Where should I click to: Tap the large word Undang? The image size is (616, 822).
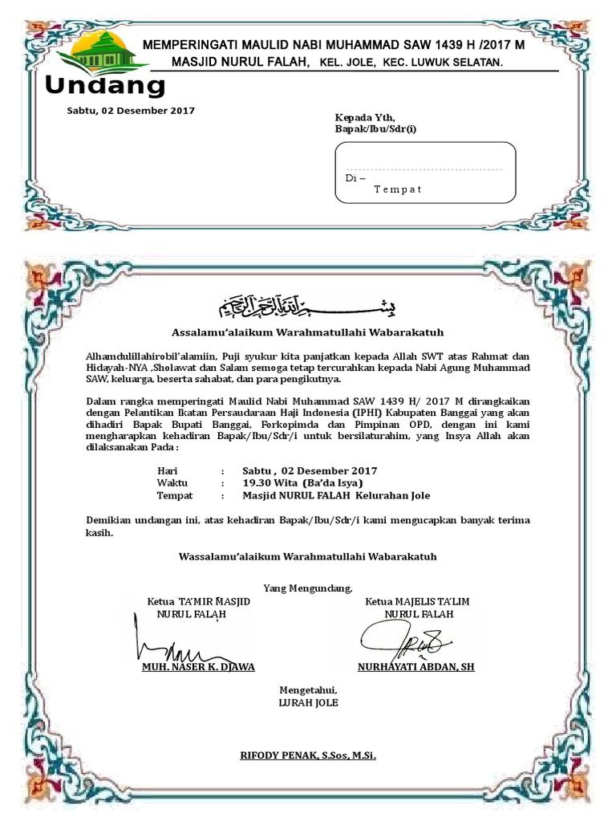pyautogui.click(x=105, y=86)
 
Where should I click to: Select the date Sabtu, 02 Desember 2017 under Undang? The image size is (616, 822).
pyautogui.click(x=130, y=111)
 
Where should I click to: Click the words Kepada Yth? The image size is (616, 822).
pyautogui.click(x=365, y=116)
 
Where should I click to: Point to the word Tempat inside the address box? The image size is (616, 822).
pyautogui.click(x=397, y=189)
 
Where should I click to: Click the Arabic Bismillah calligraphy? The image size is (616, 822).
pyautogui.click(x=307, y=306)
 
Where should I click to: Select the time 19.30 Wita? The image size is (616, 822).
pyautogui.click(x=270, y=483)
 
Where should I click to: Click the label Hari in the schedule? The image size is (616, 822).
pyautogui.click(x=167, y=470)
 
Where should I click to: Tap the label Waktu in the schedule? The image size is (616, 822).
pyautogui.click(x=172, y=483)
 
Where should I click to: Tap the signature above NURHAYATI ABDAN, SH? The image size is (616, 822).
pyautogui.click(x=403, y=639)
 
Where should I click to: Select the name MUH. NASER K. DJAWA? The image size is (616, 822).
pyautogui.click(x=198, y=666)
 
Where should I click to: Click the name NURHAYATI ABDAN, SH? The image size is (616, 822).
pyautogui.click(x=415, y=666)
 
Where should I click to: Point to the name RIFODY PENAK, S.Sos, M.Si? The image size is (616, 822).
pyautogui.click(x=308, y=755)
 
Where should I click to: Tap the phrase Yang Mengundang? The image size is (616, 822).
pyautogui.click(x=307, y=588)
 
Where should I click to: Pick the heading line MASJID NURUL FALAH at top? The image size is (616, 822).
pyautogui.click(x=239, y=62)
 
